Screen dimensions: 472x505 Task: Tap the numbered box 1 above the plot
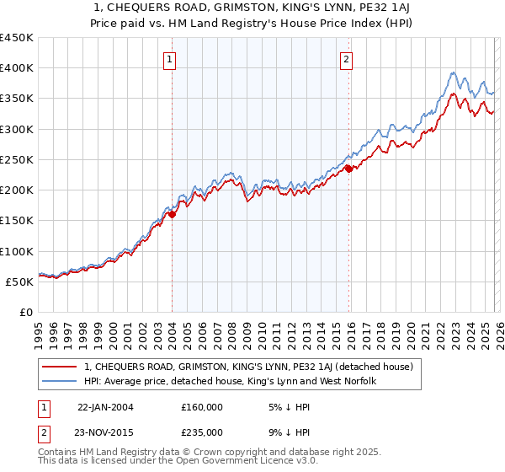(170, 59)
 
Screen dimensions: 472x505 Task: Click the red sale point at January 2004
(173, 214)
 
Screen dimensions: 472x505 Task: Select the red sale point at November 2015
(348, 169)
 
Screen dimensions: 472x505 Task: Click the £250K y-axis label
(17, 159)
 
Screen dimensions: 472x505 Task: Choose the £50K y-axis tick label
(20, 282)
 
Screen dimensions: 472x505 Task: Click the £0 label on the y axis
(27, 312)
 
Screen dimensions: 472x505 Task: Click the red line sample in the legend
(60, 367)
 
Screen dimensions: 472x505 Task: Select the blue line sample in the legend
(60, 382)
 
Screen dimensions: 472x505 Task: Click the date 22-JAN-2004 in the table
(105, 407)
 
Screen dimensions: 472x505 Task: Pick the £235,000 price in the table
(202, 432)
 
